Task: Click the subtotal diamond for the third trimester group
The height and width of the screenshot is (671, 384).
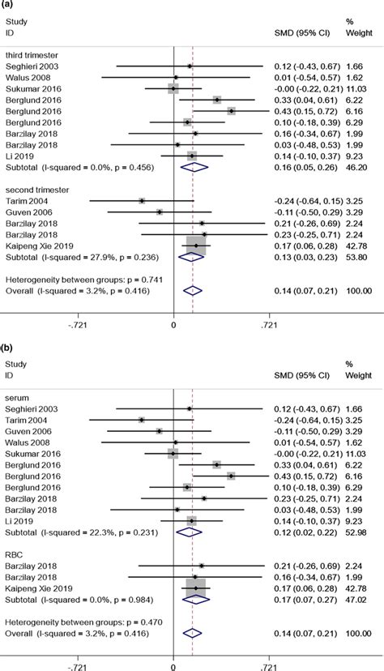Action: point(193,168)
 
